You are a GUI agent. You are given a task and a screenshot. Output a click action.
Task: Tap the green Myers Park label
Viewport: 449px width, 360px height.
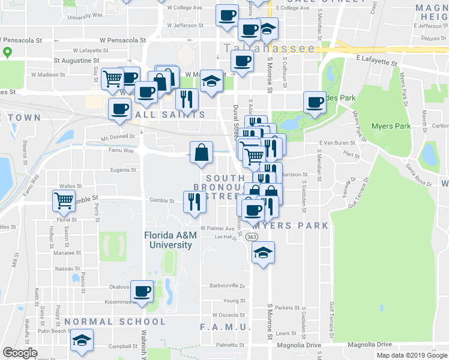[x=391, y=126]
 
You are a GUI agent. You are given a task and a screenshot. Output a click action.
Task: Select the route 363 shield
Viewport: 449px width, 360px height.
[x=252, y=238]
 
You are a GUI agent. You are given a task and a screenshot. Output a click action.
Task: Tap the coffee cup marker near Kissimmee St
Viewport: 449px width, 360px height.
[x=142, y=292]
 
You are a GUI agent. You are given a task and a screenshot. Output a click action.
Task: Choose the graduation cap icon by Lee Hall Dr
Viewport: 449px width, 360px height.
[x=263, y=253]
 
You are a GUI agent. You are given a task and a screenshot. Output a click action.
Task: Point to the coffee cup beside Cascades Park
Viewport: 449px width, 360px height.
[x=315, y=102]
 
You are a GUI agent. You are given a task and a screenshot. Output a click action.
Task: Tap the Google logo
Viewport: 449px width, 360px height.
[x=20, y=353]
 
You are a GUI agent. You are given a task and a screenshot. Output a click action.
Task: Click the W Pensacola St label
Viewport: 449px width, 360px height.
[x=123, y=40]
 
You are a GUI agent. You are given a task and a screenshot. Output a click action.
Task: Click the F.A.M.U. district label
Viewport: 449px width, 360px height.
[x=225, y=327]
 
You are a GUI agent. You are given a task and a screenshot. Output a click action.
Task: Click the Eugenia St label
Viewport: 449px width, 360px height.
[x=122, y=170]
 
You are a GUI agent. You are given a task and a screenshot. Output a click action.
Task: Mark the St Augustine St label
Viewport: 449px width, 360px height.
[x=76, y=61]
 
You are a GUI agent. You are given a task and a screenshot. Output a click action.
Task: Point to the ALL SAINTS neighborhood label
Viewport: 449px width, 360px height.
[x=172, y=115]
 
